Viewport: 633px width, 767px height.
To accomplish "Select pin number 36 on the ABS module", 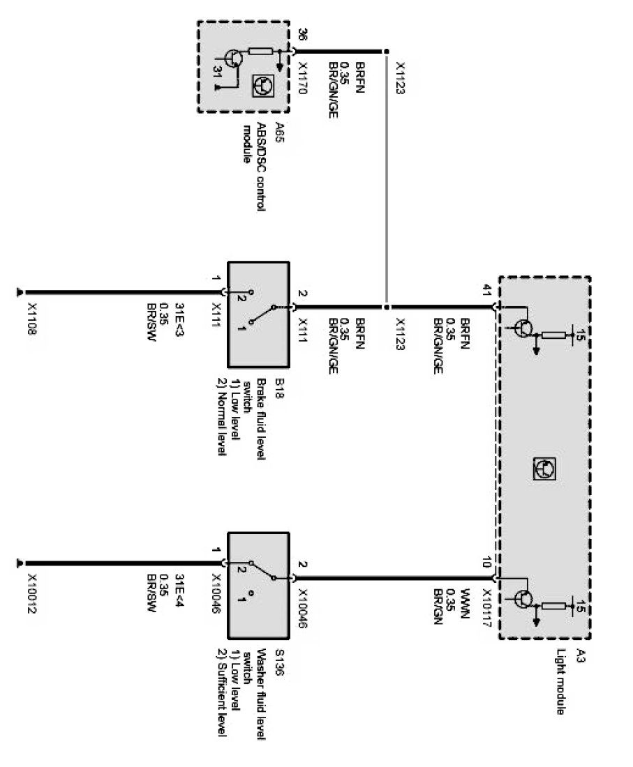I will (x=301, y=35).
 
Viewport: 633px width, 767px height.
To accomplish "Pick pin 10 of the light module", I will (x=487, y=563).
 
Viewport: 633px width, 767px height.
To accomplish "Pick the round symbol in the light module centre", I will (x=544, y=468).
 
